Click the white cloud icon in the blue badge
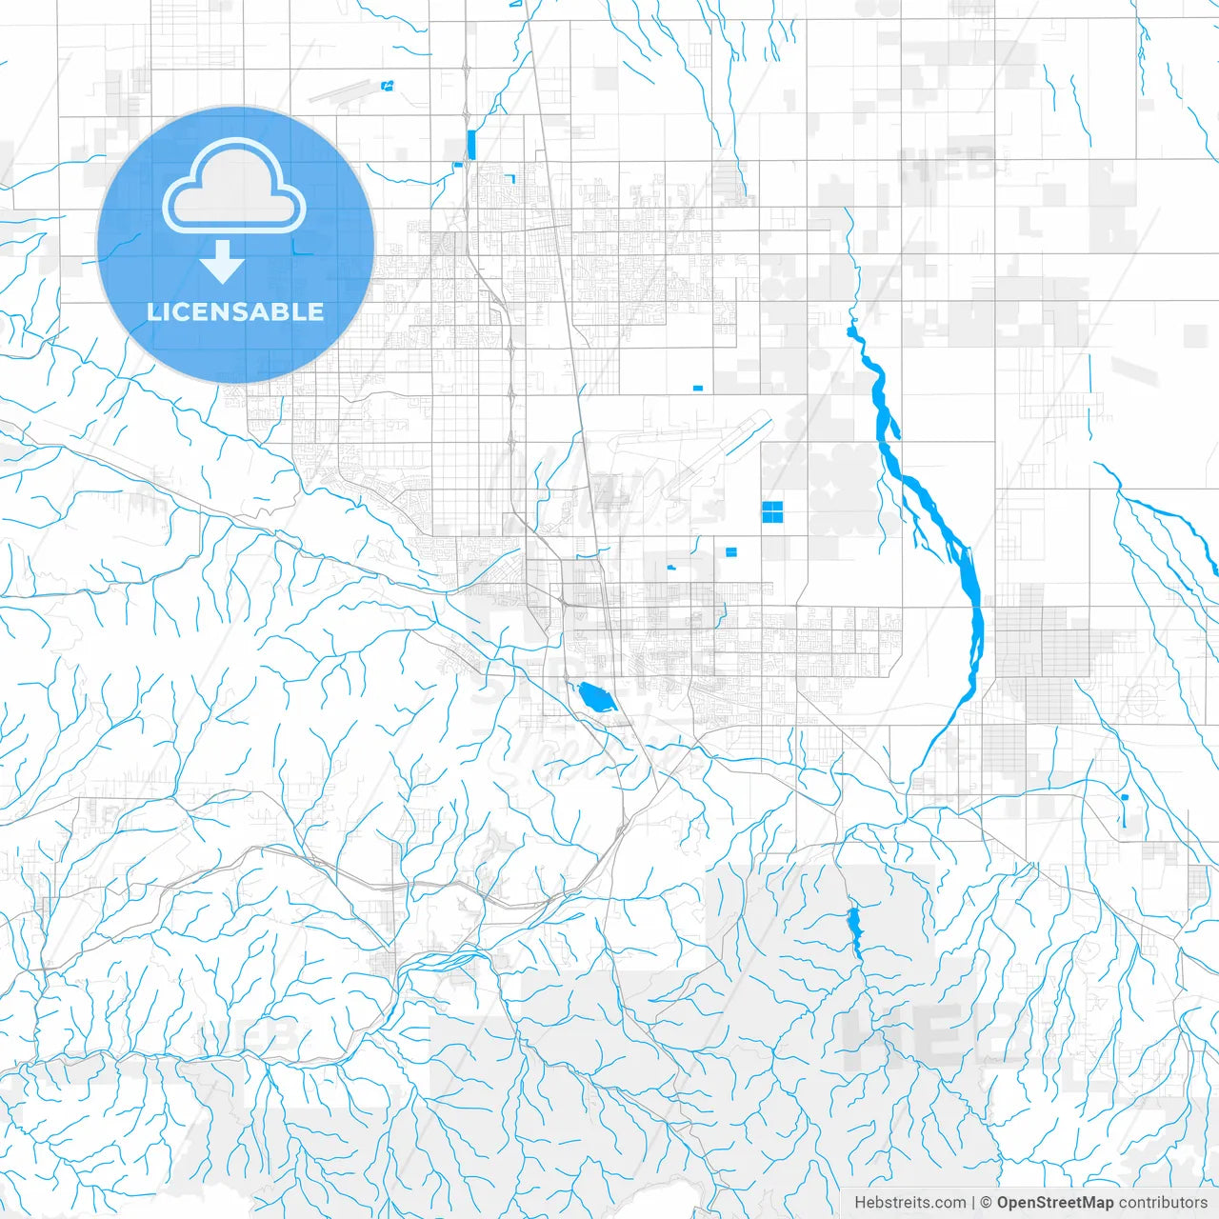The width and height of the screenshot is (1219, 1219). point(234,187)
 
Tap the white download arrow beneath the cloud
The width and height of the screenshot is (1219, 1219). point(223,262)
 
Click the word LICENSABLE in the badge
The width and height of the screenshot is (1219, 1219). point(235,311)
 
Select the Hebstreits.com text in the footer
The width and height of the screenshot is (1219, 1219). point(909,1203)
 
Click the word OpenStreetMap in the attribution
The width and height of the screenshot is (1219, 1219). point(1054,1203)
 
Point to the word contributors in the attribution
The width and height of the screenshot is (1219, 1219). point(1163,1203)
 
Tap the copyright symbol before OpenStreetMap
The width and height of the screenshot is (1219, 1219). point(986,1203)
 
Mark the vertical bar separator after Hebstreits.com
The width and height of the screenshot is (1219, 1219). point(972,1203)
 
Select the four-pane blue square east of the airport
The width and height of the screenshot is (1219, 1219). point(772,512)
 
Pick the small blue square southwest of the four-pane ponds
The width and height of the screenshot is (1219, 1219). point(731,551)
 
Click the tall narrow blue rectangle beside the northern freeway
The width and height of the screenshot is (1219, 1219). point(471,144)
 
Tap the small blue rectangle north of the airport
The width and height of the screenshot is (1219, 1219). point(697,389)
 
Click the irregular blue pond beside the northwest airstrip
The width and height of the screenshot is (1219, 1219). point(387,87)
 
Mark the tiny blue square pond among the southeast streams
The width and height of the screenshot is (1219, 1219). point(1125,797)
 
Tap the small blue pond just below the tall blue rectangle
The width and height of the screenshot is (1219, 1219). point(458,166)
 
